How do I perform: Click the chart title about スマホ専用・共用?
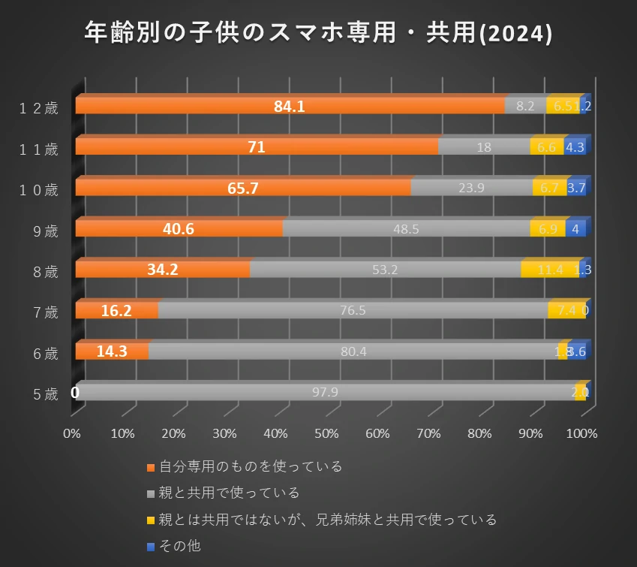point(318,33)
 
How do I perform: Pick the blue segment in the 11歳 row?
point(575,147)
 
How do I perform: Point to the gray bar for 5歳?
point(325,392)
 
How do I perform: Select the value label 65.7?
point(243,188)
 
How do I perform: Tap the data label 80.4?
point(353,351)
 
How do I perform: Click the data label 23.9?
point(471,188)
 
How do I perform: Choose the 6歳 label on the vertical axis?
point(46,354)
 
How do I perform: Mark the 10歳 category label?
point(39,190)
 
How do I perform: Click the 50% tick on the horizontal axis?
point(326,434)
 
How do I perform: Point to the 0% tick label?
point(72,434)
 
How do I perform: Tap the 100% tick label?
point(582,434)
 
